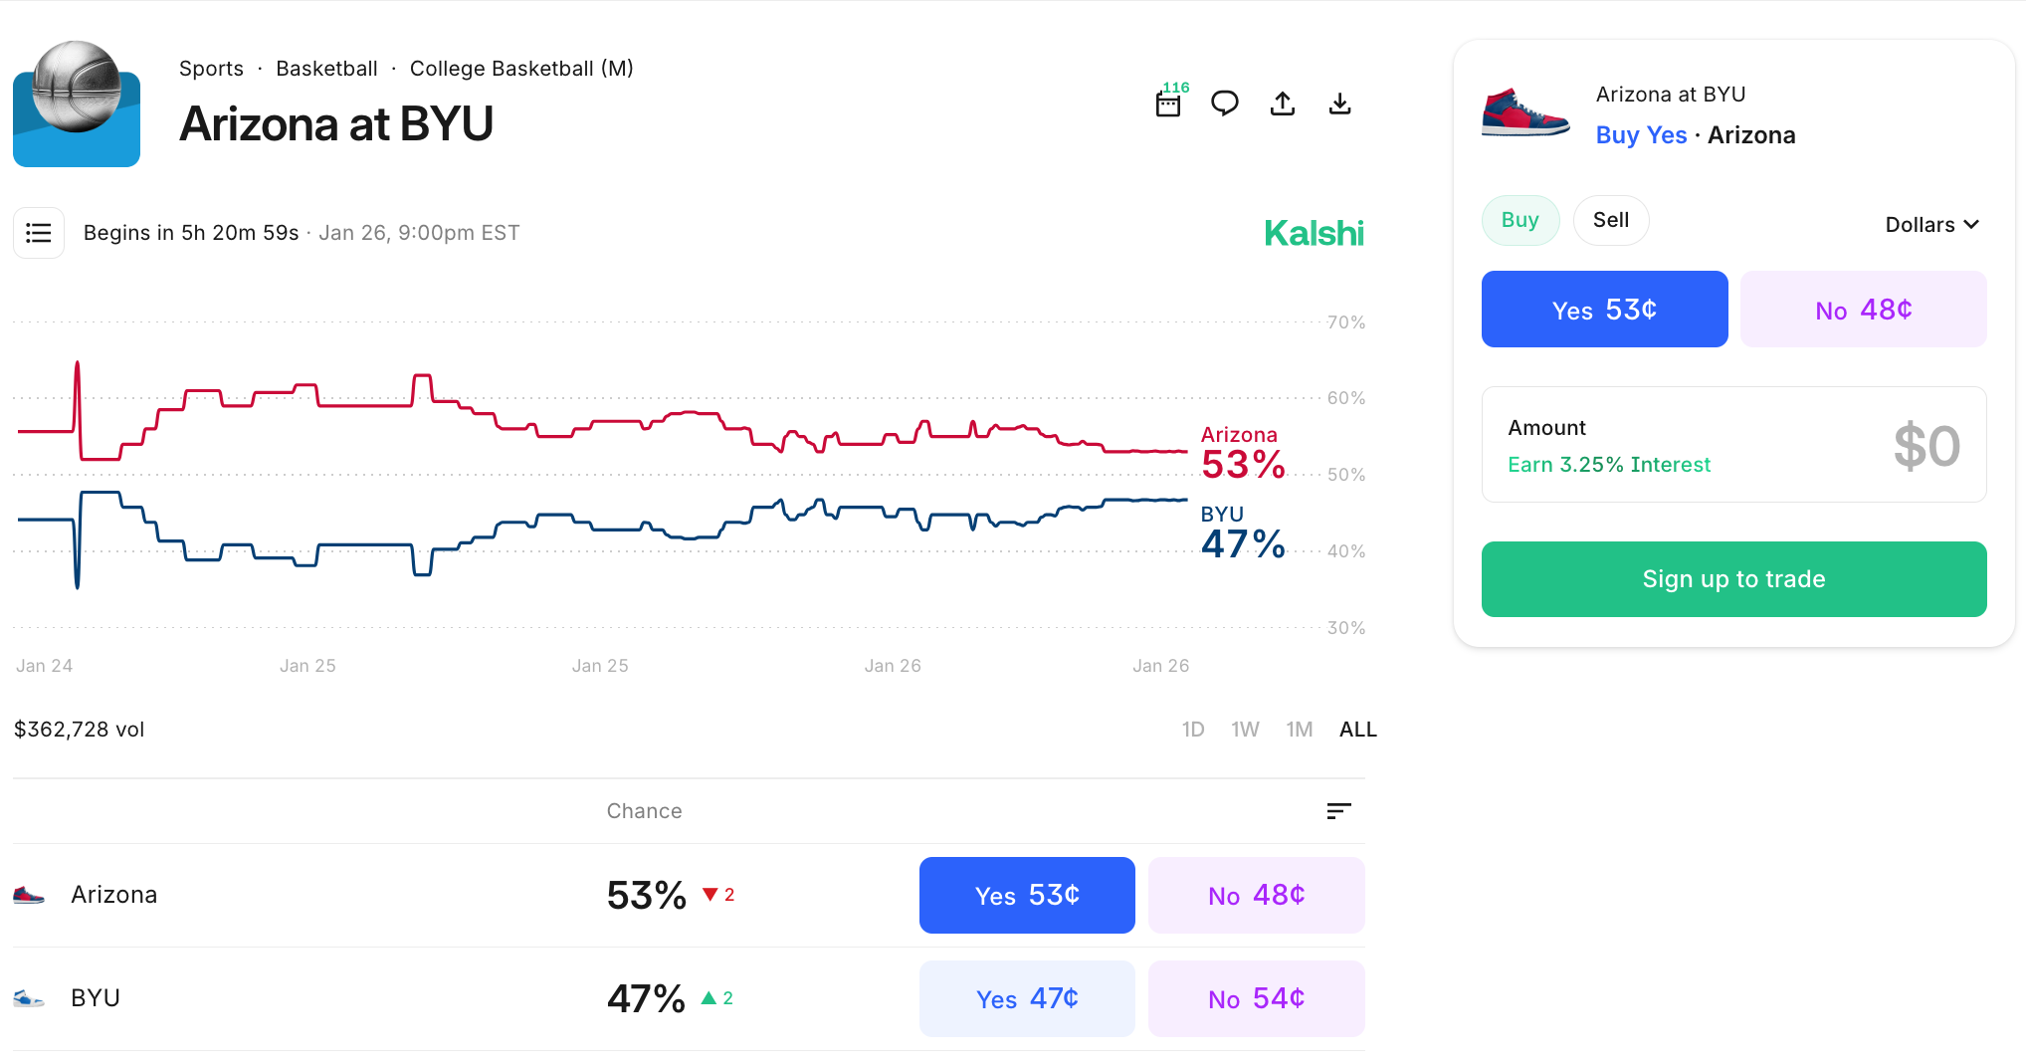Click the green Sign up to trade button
pyautogui.click(x=1733, y=579)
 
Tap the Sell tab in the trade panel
pyautogui.click(x=1610, y=220)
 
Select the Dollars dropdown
pyautogui.click(x=1930, y=225)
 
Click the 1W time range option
pyautogui.click(x=1245, y=730)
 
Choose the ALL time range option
pyautogui.click(x=1357, y=730)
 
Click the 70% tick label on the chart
pyautogui.click(x=1345, y=322)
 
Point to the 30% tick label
pyautogui.click(x=1345, y=628)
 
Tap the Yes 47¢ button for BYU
pyautogui.click(x=1026, y=998)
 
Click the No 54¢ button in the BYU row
pyautogui.click(x=1256, y=998)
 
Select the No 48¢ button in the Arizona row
pyautogui.click(x=1256, y=895)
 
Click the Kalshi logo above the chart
pyautogui.click(x=1314, y=234)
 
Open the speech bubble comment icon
pyautogui.click(x=1224, y=104)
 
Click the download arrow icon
pyautogui.click(x=1339, y=104)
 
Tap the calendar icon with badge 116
pyautogui.click(x=1169, y=104)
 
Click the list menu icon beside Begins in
pyautogui.click(x=39, y=233)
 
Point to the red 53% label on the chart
pyautogui.click(x=1243, y=465)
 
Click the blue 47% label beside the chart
pyautogui.click(x=1243, y=544)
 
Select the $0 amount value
pyautogui.click(x=1925, y=446)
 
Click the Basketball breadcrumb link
pyautogui.click(x=326, y=69)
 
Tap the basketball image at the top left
pyautogui.click(x=77, y=104)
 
